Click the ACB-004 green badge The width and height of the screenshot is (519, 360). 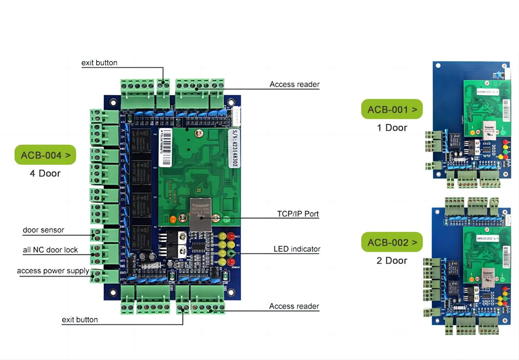[x=45, y=155]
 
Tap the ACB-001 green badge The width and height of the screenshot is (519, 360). [x=392, y=109]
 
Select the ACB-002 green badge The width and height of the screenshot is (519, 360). [x=392, y=242]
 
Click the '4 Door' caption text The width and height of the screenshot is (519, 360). [x=45, y=173]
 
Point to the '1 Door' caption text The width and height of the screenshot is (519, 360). [x=392, y=128]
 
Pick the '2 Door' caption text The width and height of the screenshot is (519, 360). [x=392, y=261]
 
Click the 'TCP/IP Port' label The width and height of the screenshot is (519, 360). [x=298, y=214]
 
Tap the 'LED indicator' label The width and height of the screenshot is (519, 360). [x=297, y=249]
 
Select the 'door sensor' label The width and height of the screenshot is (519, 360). [x=44, y=230]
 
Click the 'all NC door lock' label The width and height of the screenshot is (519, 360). [x=51, y=250]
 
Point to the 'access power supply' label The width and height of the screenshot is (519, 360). [x=53, y=271]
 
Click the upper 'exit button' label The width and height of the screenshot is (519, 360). [x=99, y=63]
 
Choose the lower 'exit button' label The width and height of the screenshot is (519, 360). [x=80, y=319]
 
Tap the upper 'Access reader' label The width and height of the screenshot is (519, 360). [x=294, y=84]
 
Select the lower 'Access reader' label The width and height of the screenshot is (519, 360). [x=294, y=306]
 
